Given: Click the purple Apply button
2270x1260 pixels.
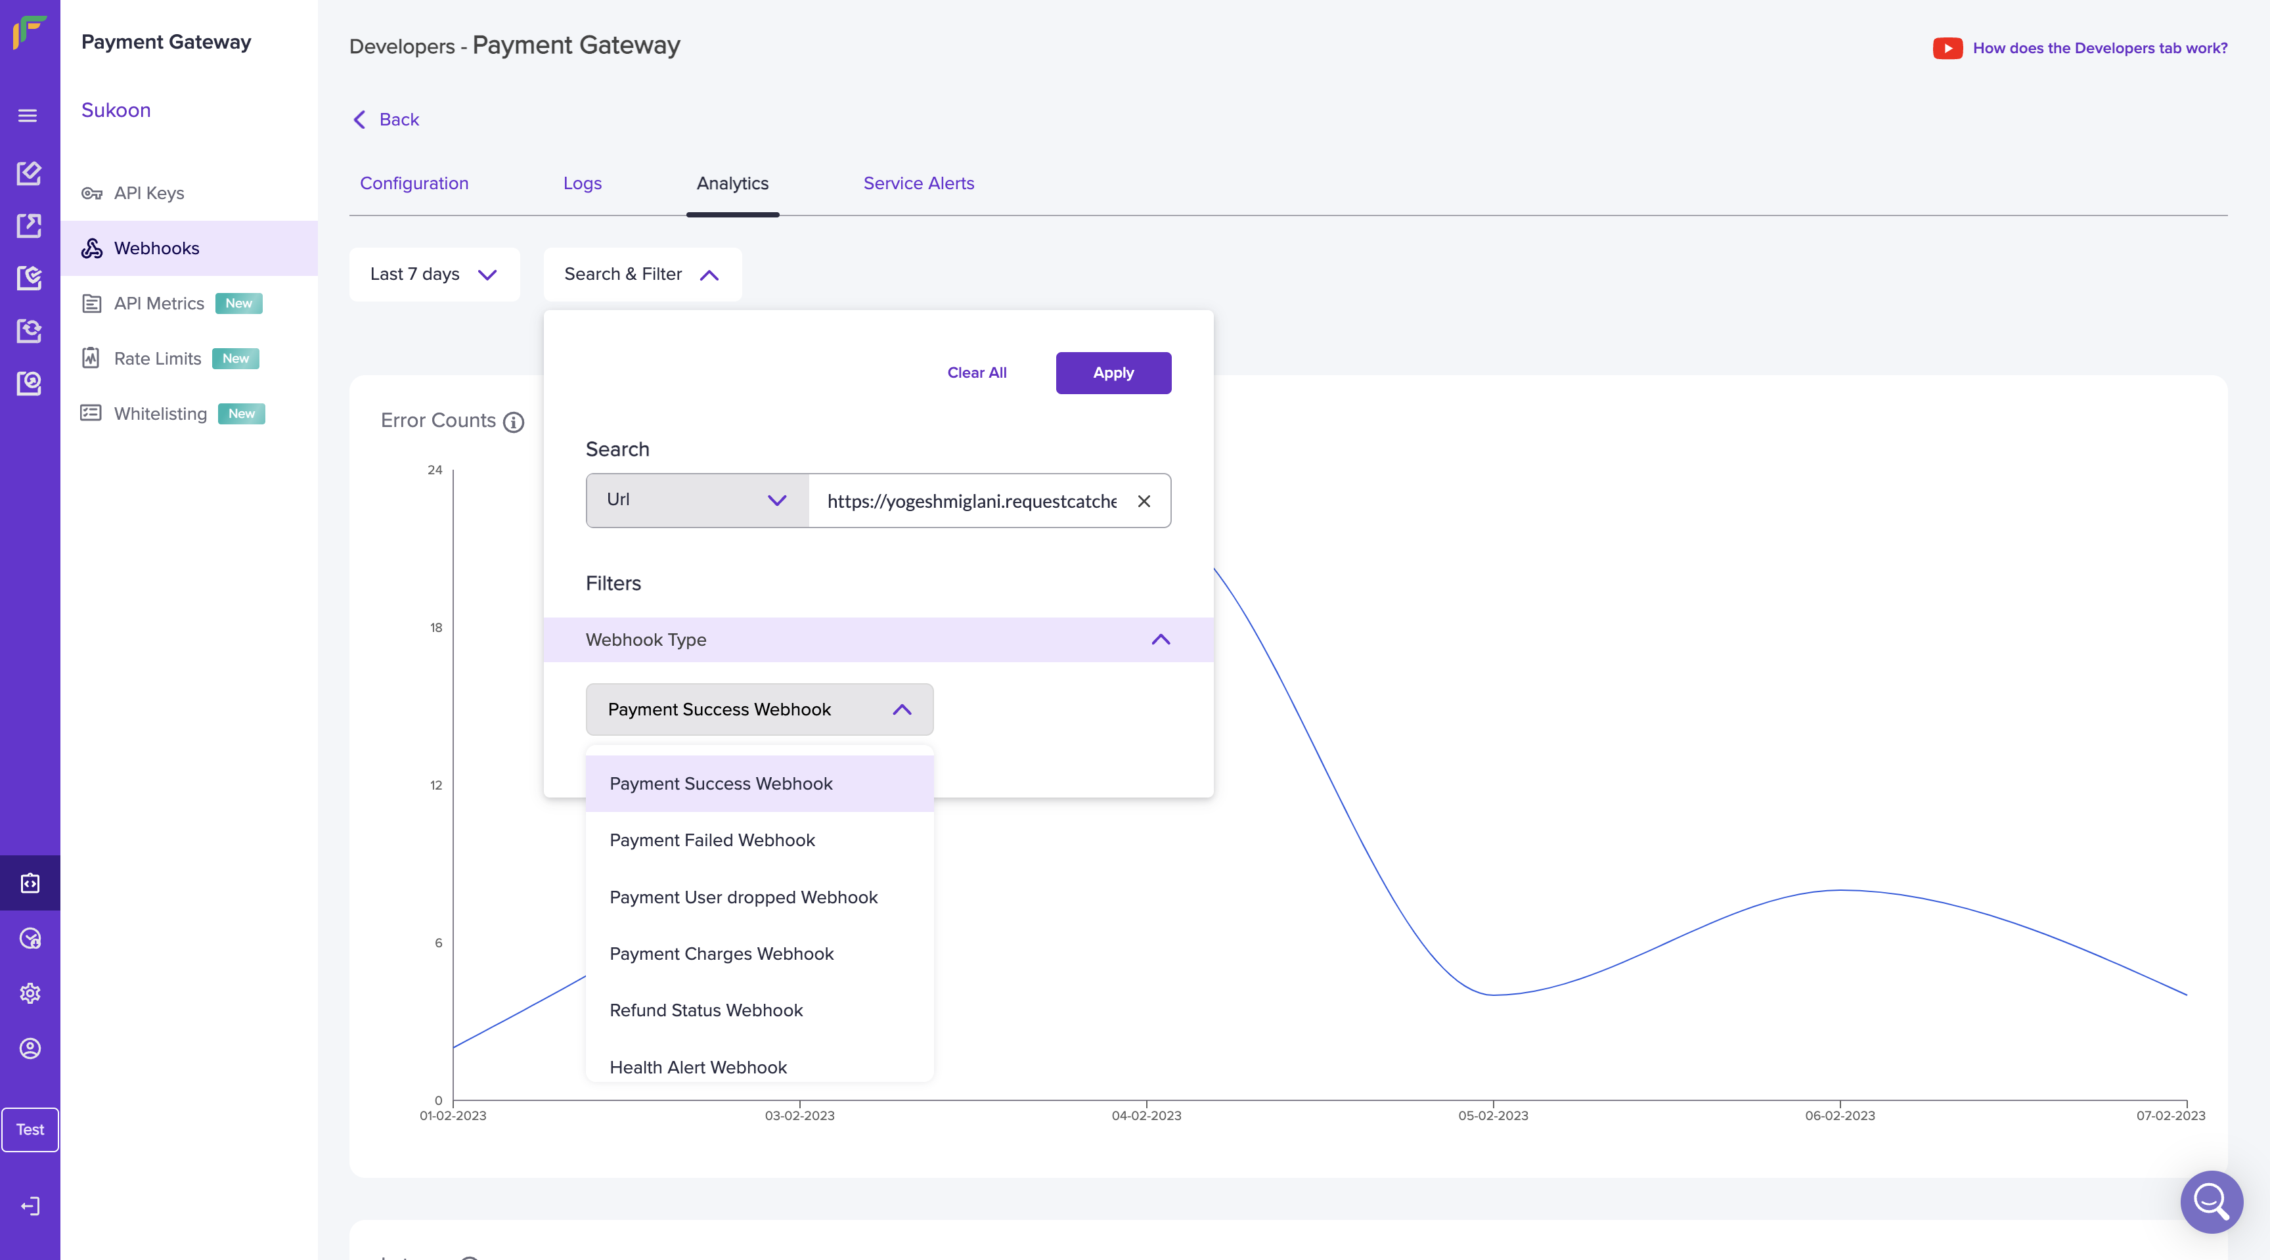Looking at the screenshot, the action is pyautogui.click(x=1113, y=372).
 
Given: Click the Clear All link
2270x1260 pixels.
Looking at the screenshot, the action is pyautogui.click(x=977, y=372).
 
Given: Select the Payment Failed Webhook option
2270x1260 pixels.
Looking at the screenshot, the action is pyautogui.click(x=712, y=840).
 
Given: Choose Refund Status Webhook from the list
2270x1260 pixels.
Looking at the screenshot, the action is pyautogui.click(x=706, y=1010).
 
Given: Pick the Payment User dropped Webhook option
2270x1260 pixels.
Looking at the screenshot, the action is pyautogui.click(x=743, y=897).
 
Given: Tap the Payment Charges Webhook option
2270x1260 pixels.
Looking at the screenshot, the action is pyautogui.click(x=721, y=953).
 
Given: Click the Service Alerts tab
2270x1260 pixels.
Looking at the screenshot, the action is pyautogui.click(x=918, y=183).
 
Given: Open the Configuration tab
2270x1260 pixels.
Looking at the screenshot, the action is pyautogui.click(x=414, y=183).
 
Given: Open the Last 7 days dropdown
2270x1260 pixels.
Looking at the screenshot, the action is pyautogui.click(x=434, y=274).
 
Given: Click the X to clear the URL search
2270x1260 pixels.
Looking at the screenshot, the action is pyautogui.click(x=1144, y=501).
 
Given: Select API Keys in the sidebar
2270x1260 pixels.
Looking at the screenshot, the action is pyautogui.click(x=149, y=193).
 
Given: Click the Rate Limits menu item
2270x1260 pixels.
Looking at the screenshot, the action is pyautogui.click(x=158, y=359).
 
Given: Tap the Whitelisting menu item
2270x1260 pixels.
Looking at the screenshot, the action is pyautogui.click(x=160, y=413).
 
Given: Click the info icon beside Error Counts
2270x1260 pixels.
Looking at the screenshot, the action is pyautogui.click(x=514, y=422).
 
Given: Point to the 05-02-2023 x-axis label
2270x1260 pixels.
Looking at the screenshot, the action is pyautogui.click(x=1493, y=1115).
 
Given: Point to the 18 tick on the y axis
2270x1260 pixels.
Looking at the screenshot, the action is pyautogui.click(x=436, y=627).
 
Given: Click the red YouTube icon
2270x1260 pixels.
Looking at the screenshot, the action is pyautogui.click(x=1947, y=47).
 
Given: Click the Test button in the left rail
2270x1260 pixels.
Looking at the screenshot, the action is pyautogui.click(x=30, y=1129).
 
